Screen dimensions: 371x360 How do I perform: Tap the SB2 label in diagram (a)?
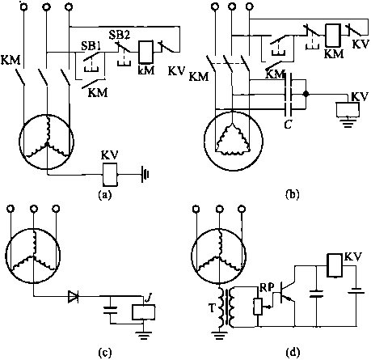pos(119,35)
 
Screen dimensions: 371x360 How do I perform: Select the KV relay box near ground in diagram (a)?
pos(110,175)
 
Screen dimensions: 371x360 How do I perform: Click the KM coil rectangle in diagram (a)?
pos(145,53)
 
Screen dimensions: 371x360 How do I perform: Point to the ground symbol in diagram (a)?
pos(145,175)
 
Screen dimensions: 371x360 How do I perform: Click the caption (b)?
pos(292,194)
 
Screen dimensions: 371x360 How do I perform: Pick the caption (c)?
pos(104,352)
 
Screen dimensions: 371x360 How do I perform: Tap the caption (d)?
pos(292,352)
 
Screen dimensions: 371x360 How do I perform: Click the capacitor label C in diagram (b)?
pos(288,125)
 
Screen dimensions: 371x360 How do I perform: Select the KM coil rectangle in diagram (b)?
pos(333,35)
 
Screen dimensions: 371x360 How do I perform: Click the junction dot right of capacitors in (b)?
pos(306,95)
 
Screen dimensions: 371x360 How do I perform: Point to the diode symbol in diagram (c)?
pos(74,296)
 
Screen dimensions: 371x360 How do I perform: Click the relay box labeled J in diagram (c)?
pos(143,312)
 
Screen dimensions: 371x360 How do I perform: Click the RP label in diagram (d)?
pos(267,288)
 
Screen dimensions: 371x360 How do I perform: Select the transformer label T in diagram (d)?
pos(212,308)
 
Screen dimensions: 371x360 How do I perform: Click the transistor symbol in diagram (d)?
pos(285,294)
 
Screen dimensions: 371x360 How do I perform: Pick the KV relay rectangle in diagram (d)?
pos(334,265)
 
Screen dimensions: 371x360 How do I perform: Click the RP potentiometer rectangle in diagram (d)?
pos(258,307)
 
